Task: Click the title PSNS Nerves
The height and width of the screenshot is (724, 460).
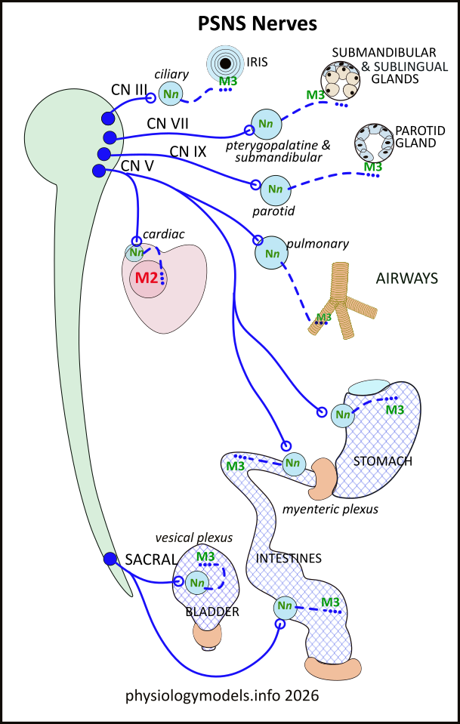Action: pyautogui.click(x=257, y=24)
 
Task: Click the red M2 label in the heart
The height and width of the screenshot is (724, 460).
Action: pyautogui.click(x=146, y=277)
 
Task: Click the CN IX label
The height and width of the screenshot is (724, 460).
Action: pyautogui.click(x=188, y=152)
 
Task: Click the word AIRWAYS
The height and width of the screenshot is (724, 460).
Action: pyautogui.click(x=406, y=279)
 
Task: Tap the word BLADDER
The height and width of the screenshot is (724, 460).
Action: pyautogui.click(x=212, y=612)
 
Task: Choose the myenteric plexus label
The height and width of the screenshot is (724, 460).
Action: pyautogui.click(x=330, y=510)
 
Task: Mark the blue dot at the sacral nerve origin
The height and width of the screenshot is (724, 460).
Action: pyautogui.click(x=110, y=559)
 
